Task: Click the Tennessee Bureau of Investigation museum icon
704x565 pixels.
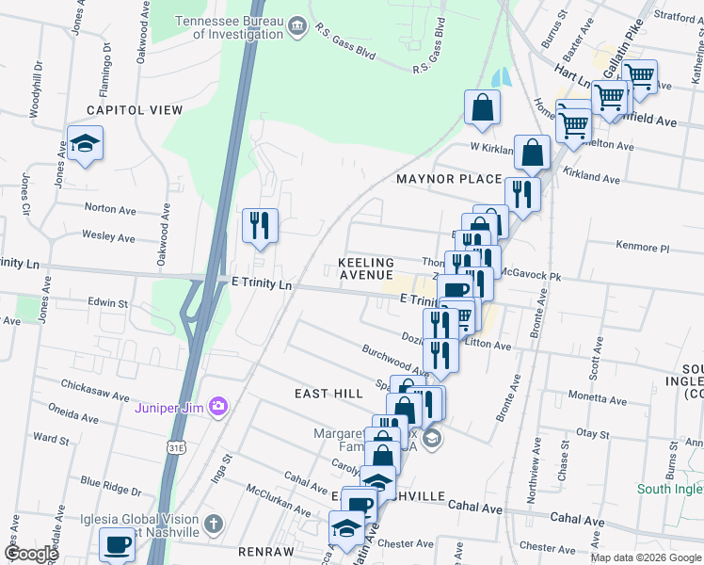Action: click(x=297, y=24)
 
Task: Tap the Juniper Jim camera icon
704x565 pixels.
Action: click(x=219, y=407)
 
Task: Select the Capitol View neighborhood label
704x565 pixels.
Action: click(x=135, y=110)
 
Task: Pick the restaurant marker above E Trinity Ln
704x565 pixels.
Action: click(x=260, y=226)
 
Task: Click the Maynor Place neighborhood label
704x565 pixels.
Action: click(x=449, y=179)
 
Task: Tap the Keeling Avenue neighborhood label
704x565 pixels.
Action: click(x=366, y=268)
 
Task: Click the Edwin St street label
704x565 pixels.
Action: click(x=107, y=303)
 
